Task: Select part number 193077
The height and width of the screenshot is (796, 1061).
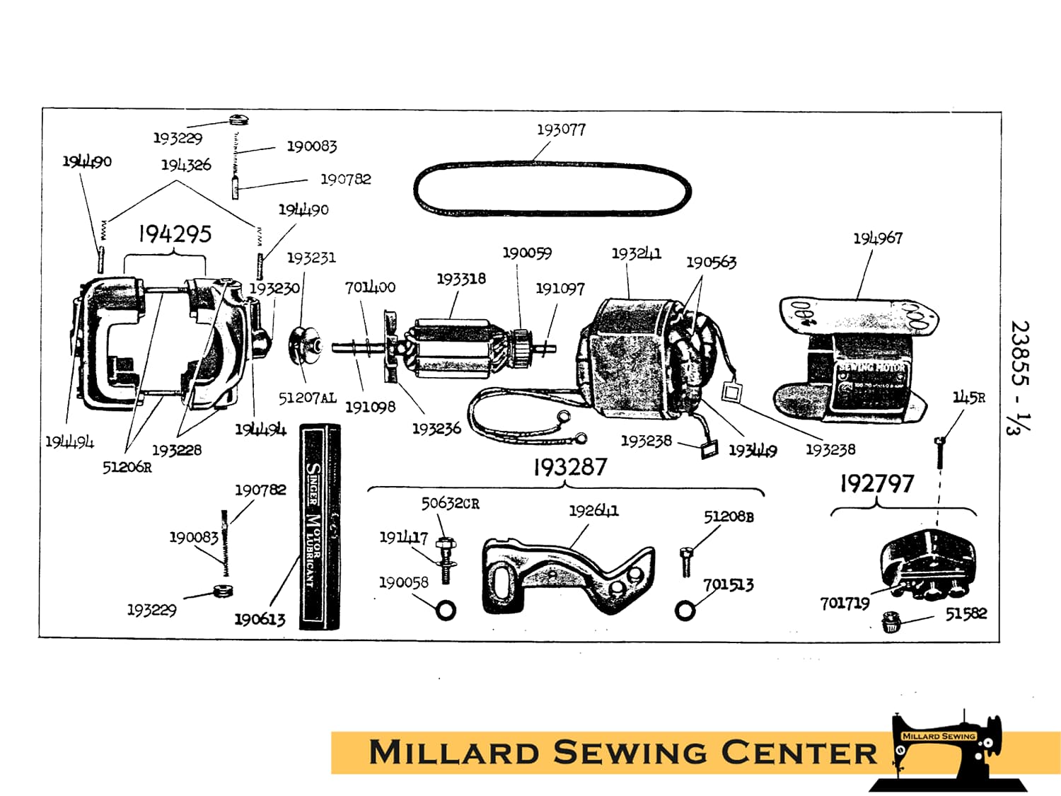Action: [561, 129]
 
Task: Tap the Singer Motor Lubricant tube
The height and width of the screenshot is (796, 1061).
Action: [320, 527]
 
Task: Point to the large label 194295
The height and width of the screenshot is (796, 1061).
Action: [175, 233]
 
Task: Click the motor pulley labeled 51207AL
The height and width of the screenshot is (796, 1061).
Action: [304, 346]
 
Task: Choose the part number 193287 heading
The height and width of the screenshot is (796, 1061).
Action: [569, 467]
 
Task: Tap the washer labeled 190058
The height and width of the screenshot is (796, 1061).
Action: [446, 609]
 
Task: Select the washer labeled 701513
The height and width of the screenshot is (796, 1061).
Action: [685, 610]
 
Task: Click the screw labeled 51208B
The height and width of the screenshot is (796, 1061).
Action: [685, 561]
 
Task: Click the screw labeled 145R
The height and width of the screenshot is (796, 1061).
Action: [940, 452]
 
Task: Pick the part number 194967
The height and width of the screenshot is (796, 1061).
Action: [878, 238]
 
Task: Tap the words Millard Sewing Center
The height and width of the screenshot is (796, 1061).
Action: [622, 752]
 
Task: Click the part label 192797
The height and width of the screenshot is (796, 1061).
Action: [876, 484]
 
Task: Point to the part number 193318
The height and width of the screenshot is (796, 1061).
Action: [461, 279]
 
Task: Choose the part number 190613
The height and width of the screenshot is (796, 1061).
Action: [260, 620]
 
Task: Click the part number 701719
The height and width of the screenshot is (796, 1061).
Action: [845, 604]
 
